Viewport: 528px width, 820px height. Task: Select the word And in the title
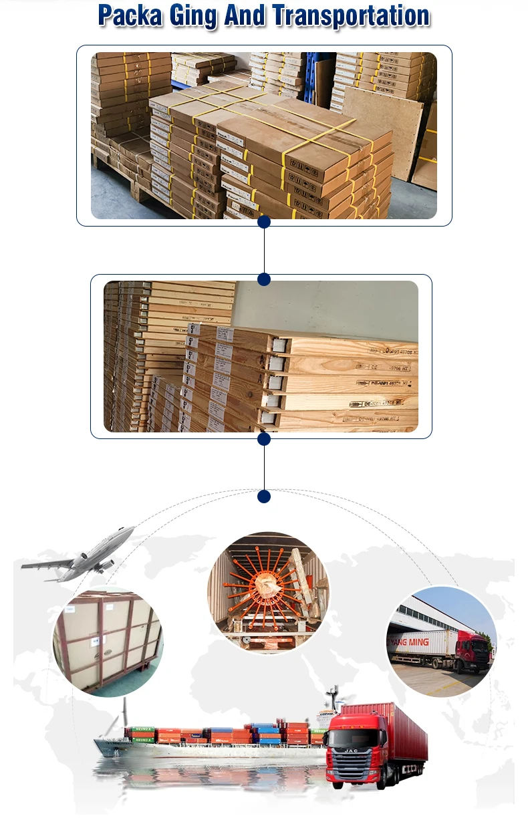245,15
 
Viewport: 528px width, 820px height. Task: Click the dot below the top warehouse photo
264,222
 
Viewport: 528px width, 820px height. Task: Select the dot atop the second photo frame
264,279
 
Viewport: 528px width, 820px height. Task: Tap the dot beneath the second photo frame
264,439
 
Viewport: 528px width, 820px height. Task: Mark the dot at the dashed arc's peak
264,497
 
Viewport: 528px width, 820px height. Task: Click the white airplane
80,554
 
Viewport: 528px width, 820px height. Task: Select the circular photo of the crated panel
108,642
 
